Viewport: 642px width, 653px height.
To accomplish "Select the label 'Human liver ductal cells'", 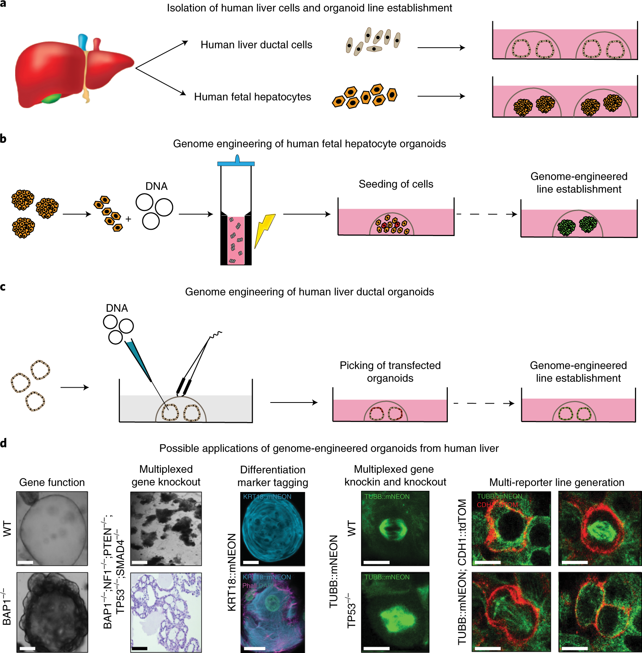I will coord(256,45).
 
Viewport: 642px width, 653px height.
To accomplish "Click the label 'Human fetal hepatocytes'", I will coord(252,97).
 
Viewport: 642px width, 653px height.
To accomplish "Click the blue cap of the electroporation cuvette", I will coord(236,163).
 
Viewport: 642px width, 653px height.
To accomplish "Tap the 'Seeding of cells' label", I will coord(396,184).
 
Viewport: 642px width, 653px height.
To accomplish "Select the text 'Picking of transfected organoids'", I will coord(390,372).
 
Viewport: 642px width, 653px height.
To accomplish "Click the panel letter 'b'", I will coord(3,139).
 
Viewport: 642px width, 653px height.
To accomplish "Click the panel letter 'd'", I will coord(4,443).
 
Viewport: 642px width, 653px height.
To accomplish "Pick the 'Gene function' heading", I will coord(52,482).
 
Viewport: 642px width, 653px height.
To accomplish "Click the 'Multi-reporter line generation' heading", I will coord(556,482).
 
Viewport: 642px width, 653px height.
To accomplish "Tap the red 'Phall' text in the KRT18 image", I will coord(249,585).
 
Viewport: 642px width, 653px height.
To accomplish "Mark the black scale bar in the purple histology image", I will coord(139,648).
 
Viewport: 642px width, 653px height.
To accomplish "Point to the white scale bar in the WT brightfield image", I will coord(25,562).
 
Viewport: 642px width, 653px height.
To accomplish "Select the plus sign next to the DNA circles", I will coord(128,219).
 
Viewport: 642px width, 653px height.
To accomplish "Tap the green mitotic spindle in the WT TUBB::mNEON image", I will coord(393,530).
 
